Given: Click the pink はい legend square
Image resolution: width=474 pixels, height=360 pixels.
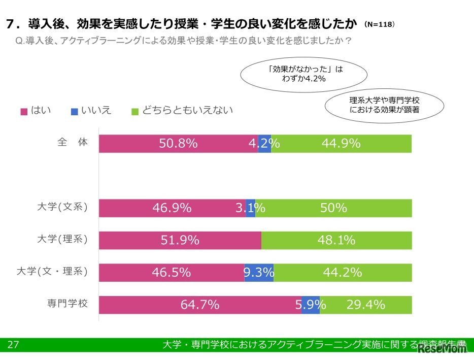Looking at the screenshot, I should (x=23, y=111).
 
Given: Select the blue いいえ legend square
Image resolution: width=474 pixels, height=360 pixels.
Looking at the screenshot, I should (x=74, y=111).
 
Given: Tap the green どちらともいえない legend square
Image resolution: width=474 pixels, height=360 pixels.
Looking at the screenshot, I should (x=135, y=111).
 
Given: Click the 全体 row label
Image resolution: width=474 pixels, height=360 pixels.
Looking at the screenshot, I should (x=73, y=143).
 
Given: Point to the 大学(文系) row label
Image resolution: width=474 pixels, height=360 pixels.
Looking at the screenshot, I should (x=62, y=207).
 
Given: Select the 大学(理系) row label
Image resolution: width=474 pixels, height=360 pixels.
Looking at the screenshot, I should (x=62, y=239).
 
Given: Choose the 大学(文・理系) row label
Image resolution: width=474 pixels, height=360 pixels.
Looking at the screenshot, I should (x=53, y=272).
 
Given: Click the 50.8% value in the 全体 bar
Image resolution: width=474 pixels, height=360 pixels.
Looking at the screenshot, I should (x=178, y=144).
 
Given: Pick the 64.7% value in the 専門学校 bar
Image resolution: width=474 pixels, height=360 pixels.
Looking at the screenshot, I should (x=200, y=305).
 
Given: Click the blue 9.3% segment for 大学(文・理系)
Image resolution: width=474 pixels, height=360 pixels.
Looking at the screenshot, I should (x=259, y=273).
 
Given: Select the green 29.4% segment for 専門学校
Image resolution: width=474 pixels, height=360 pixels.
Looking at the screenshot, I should (x=365, y=305).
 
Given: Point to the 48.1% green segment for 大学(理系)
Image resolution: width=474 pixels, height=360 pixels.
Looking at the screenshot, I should (x=336, y=240).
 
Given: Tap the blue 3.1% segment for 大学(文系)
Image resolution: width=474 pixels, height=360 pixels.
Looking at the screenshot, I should (x=251, y=208).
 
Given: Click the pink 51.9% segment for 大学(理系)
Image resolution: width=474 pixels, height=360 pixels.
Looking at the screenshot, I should (x=180, y=240).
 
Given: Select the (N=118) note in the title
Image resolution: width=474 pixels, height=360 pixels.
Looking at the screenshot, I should (x=380, y=24).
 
